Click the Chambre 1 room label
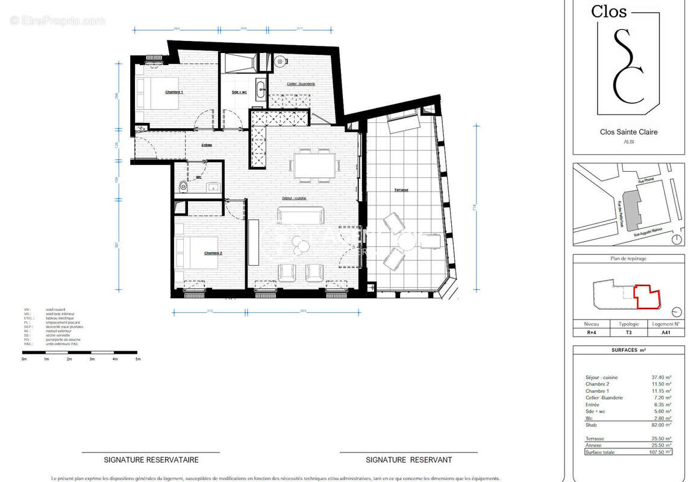click(174, 92)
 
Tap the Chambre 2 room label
click(213, 254)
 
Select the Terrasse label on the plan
click(401, 190)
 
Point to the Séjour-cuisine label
click(294, 198)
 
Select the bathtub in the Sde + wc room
click(238, 62)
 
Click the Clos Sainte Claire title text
click(628, 132)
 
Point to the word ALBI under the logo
click(628, 142)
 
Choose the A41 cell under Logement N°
click(666, 332)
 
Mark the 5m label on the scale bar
click(137, 359)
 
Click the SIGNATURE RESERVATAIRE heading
click(151, 460)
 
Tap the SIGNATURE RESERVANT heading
click(409, 460)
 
